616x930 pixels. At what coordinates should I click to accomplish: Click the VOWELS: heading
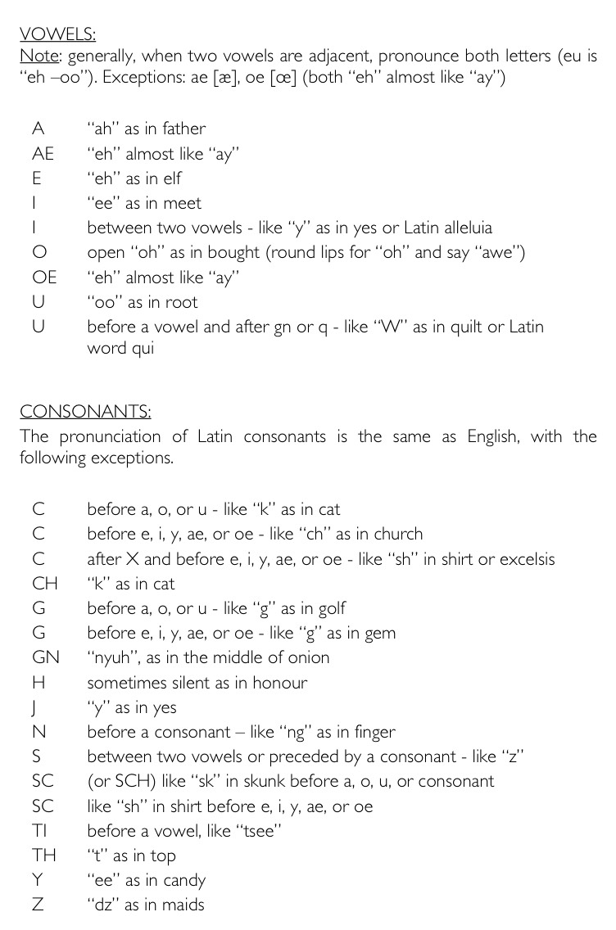coord(57,34)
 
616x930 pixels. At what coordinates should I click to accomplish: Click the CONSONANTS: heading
coord(85,411)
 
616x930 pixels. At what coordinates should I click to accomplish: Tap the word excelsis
coord(523,560)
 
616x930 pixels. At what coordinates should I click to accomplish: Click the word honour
coord(279,683)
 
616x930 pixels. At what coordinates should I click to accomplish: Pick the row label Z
coord(38,905)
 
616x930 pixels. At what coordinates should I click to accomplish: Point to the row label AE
coord(43,153)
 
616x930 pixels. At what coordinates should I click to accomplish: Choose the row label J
coord(36,708)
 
